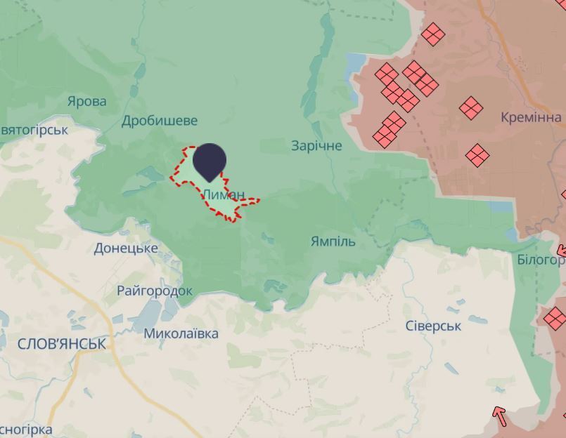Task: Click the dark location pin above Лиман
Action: (210, 160)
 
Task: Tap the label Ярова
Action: (87, 102)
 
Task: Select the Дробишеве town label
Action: (160, 121)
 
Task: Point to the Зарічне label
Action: (316, 146)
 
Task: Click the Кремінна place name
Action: (531, 117)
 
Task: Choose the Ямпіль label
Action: (333, 241)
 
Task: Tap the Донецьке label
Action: (125, 248)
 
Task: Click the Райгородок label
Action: (155, 291)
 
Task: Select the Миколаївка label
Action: (181, 334)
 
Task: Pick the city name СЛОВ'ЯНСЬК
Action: (61, 344)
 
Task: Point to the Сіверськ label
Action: (433, 326)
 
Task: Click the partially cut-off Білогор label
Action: (541, 260)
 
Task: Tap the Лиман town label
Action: (224, 194)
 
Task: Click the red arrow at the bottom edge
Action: (499, 416)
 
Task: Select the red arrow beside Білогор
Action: (561, 251)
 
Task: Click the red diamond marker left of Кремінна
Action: (471, 108)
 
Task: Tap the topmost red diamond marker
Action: (433, 34)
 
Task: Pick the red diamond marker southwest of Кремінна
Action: (477, 155)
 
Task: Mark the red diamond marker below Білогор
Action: (555, 317)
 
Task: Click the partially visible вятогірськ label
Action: (34, 130)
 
